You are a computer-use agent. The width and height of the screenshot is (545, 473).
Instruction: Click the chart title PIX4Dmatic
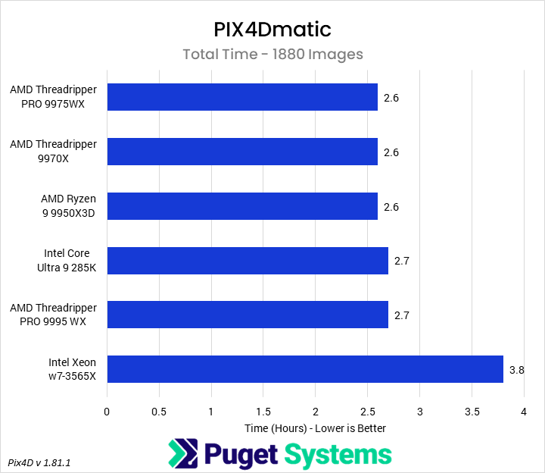click(x=272, y=30)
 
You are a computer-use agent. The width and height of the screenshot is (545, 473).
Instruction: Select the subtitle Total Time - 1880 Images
click(x=272, y=54)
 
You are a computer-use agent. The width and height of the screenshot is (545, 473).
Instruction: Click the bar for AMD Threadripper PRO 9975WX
click(x=242, y=97)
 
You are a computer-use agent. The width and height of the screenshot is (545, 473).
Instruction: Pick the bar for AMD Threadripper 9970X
click(x=242, y=152)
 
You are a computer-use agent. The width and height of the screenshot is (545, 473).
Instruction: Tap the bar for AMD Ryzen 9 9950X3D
click(x=242, y=206)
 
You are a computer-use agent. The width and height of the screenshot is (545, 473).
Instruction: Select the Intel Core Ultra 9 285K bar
click(x=248, y=261)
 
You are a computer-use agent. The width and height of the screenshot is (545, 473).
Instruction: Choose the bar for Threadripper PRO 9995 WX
click(x=248, y=315)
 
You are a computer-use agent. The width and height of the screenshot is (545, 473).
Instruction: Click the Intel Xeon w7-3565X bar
click(x=305, y=370)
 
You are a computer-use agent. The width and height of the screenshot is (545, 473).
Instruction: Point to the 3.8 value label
click(x=517, y=370)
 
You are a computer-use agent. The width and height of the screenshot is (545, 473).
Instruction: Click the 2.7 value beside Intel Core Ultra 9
click(x=402, y=261)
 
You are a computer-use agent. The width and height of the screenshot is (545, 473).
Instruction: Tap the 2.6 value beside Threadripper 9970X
click(x=391, y=152)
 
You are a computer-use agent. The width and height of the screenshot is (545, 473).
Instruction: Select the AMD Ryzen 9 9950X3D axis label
click(x=69, y=206)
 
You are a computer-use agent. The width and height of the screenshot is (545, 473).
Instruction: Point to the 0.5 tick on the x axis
click(x=159, y=412)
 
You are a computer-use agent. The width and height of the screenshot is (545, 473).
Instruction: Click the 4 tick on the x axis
click(x=524, y=412)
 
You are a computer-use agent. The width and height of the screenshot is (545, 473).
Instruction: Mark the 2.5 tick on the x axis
click(x=367, y=412)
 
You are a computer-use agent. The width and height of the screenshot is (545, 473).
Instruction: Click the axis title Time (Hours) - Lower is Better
click(x=315, y=428)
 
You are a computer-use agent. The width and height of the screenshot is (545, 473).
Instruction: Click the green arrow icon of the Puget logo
click(x=183, y=455)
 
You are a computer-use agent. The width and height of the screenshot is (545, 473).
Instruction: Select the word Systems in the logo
click(x=338, y=455)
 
